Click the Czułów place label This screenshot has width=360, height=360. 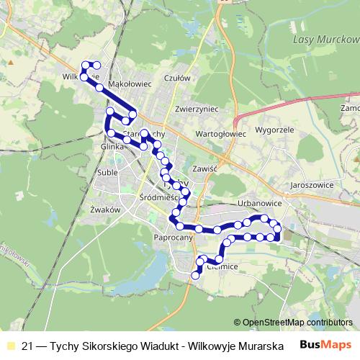click(x=176, y=78)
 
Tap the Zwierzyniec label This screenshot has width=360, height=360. click(x=196, y=109)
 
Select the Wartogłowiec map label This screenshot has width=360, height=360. click(x=221, y=134)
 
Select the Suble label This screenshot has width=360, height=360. click(x=107, y=172)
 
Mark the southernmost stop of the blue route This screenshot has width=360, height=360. click(x=195, y=274)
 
